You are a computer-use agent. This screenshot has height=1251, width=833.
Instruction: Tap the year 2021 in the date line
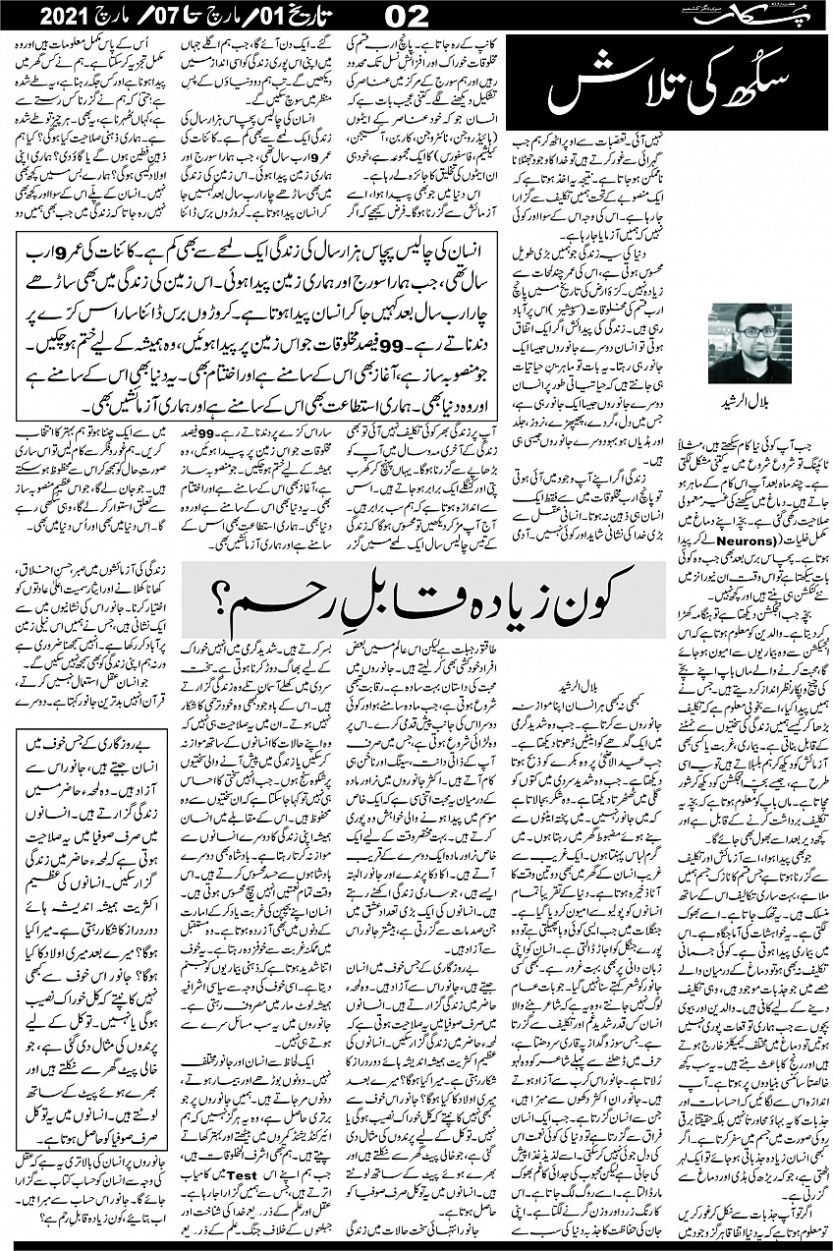click(x=58, y=17)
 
